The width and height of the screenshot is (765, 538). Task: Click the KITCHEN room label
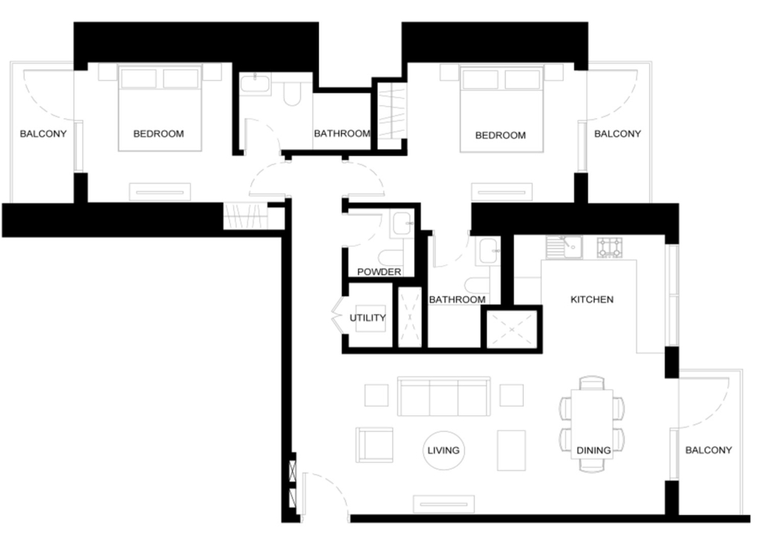[x=592, y=299]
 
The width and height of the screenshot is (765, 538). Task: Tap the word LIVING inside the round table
[x=443, y=450]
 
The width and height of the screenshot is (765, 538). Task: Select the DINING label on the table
[x=593, y=450]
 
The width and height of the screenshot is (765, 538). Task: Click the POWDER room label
[x=379, y=272]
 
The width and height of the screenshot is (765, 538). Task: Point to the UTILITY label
[x=368, y=318]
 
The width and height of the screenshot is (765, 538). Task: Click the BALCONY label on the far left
[x=43, y=134]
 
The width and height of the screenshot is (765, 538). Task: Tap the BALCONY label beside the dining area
[x=709, y=450]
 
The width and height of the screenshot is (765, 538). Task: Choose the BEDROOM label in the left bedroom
[x=158, y=134]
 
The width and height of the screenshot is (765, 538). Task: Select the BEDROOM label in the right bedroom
[x=501, y=135]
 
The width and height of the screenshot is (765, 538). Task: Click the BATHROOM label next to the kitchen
[x=458, y=299]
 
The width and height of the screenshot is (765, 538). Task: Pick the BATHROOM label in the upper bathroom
[x=342, y=133]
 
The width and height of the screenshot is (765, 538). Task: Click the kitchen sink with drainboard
[x=564, y=247]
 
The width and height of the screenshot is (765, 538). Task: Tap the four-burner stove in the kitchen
[x=610, y=247]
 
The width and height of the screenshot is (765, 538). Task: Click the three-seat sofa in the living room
[x=444, y=396]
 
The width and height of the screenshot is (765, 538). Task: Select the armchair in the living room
[x=374, y=445]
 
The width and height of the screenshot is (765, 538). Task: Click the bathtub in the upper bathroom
[x=255, y=85]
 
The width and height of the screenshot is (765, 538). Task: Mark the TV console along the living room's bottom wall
[x=443, y=505]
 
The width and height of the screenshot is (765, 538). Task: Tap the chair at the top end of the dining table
[x=592, y=383]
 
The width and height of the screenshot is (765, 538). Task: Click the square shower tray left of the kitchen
[x=512, y=329]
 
